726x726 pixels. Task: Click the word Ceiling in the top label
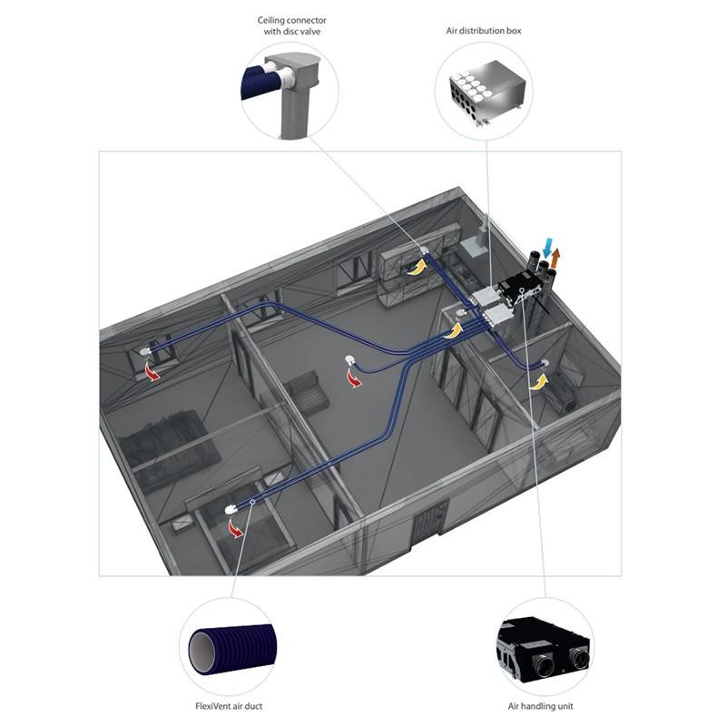tap(270, 20)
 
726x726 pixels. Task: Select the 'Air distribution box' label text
tap(484, 31)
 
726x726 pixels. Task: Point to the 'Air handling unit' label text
tap(540, 706)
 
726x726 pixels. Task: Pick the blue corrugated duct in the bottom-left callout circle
tap(232, 646)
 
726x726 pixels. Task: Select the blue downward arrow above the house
tap(549, 246)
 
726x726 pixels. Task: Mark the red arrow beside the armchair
tap(355, 378)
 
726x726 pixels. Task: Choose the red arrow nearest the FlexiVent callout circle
tap(236, 528)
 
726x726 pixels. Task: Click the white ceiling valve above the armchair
tap(351, 359)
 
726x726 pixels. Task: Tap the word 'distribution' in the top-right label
tap(484, 31)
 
